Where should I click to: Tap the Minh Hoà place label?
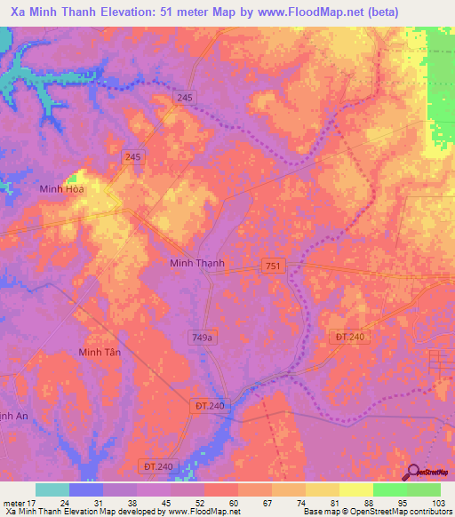pos(61,189)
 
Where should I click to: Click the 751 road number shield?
pos(273,266)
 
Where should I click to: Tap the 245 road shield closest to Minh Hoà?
pos(134,157)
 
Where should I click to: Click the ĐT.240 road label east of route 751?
pos(352,336)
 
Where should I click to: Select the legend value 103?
pos(440,504)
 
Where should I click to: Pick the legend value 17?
pos(36,504)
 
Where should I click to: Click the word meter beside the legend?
pos(15,504)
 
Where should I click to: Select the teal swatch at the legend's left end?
pos(52,489)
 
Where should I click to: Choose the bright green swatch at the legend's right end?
pos(424,489)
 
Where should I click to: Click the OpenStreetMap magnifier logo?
pos(413,472)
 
